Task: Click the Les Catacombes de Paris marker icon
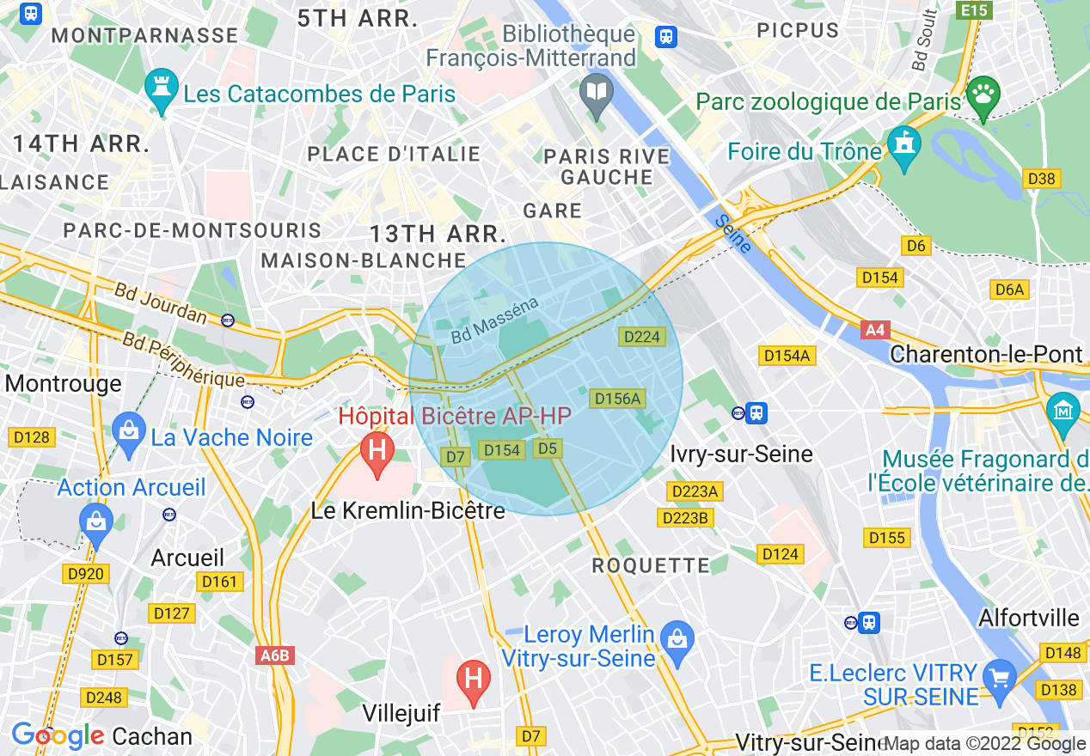pyautogui.click(x=162, y=90)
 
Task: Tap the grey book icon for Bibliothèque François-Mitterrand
pyautogui.click(x=595, y=90)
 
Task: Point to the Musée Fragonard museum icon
pyautogui.click(x=1063, y=408)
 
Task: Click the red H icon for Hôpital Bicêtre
pyautogui.click(x=377, y=451)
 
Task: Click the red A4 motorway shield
pyautogui.click(x=875, y=329)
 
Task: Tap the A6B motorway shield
pyautogui.click(x=275, y=655)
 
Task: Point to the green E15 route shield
pyautogui.click(x=976, y=10)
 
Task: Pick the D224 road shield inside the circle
pyautogui.click(x=641, y=337)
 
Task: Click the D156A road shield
pyautogui.click(x=617, y=399)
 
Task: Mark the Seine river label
pyautogui.click(x=733, y=233)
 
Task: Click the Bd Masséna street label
pyautogui.click(x=495, y=320)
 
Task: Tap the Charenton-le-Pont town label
pyautogui.click(x=986, y=354)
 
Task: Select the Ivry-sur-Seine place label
pyautogui.click(x=741, y=454)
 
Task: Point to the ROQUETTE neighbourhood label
pyautogui.click(x=651, y=565)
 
